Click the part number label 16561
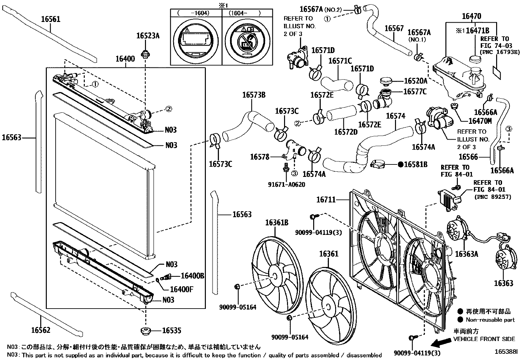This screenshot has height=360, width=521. (51, 19)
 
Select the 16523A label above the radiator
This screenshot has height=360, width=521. (148, 36)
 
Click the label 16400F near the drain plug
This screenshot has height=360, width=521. (182, 289)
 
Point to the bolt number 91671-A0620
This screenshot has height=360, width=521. (287, 184)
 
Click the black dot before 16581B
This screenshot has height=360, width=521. (400, 164)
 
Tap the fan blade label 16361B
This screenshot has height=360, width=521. (277, 223)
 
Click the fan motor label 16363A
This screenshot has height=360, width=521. (466, 254)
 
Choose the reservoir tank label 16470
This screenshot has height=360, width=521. (471, 16)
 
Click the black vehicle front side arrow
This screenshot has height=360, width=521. (440, 343)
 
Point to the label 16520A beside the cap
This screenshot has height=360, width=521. (416, 81)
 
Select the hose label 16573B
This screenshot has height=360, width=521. (254, 95)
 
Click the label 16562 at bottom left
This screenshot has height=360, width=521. (41, 330)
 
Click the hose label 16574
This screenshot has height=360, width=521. (396, 116)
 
